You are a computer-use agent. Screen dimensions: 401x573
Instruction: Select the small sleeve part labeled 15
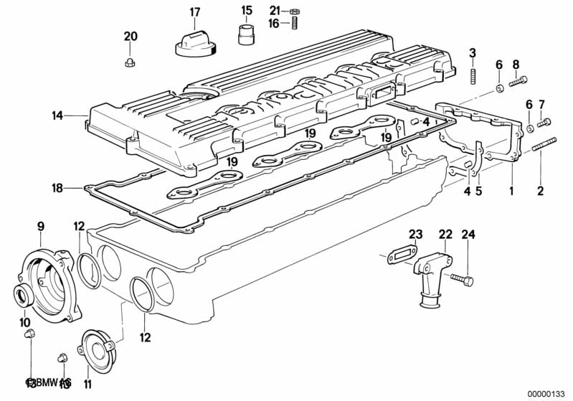(x=247, y=33)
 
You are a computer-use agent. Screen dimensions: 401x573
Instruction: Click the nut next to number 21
(x=294, y=11)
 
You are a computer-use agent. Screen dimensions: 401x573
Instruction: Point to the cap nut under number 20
(x=130, y=62)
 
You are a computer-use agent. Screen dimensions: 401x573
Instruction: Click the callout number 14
(x=58, y=115)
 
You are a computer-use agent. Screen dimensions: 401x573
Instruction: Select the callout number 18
(x=58, y=188)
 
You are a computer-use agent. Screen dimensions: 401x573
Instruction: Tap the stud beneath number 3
(x=473, y=75)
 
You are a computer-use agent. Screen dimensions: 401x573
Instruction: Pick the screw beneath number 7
(x=544, y=123)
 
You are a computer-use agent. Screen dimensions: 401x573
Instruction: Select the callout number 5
(x=478, y=192)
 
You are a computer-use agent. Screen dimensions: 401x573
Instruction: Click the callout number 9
(x=40, y=227)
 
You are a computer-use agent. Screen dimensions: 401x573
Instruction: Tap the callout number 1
(x=511, y=192)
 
